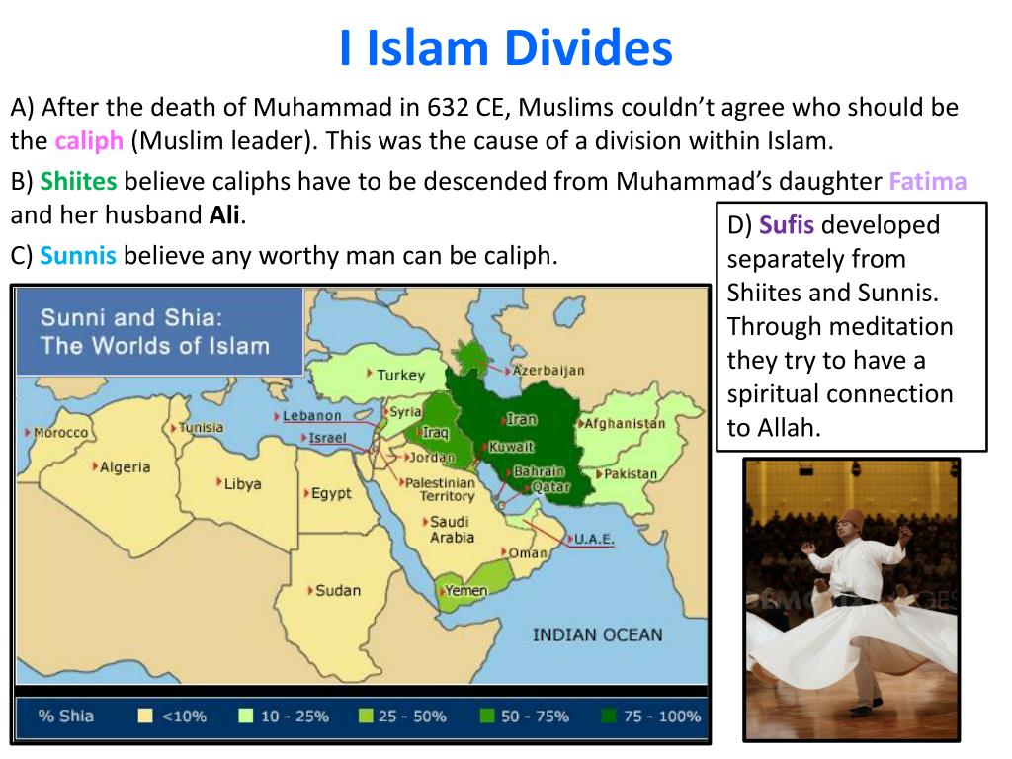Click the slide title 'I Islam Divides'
(x=505, y=48)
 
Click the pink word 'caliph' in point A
(x=89, y=140)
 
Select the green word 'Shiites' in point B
(x=78, y=182)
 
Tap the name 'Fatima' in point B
(x=927, y=182)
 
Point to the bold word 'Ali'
(x=224, y=214)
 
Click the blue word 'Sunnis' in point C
(x=78, y=256)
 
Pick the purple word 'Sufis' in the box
(x=787, y=225)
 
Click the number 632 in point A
(x=449, y=107)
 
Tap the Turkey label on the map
(x=400, y=375)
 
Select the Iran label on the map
(x=522, y=419)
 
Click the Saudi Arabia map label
(x=451, y=530)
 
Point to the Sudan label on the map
(x=337, y=590)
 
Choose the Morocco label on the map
(x=60, y=433)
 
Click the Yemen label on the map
(x=465, y=590)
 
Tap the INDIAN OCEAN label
(x=597, y=634)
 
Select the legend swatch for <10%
(x=145, y=717)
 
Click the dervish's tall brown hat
(x=853, y=519)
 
